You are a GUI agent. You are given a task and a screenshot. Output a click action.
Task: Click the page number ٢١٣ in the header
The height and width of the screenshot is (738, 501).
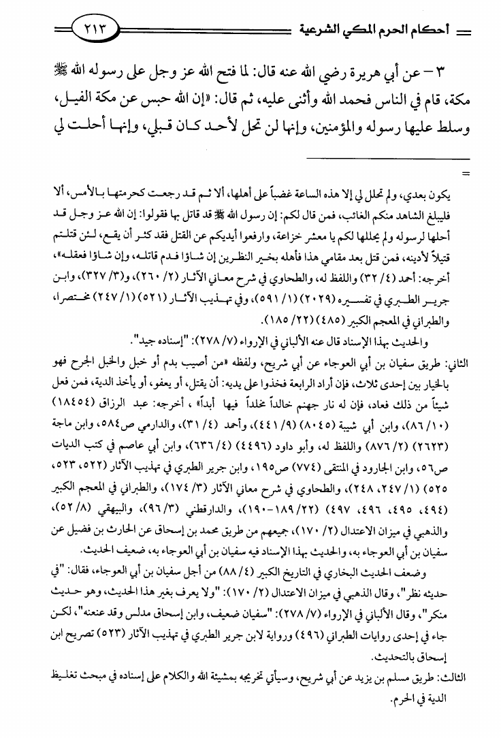click(x=94, y=29)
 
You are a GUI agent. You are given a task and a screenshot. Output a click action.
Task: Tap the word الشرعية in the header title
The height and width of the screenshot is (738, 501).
click(x=321, y=30)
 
